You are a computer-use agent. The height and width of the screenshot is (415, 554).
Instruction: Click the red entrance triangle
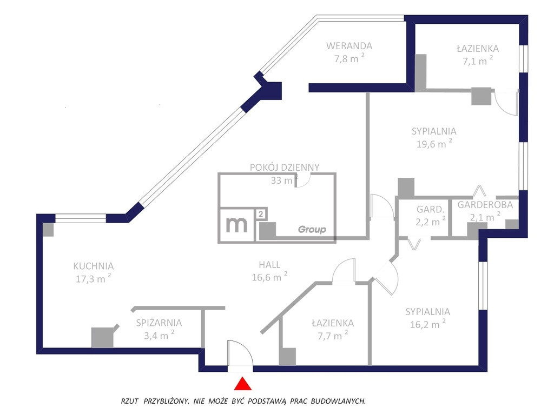click(x=243, y=384)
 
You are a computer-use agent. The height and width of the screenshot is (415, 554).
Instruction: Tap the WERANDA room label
click(x=349, y=46)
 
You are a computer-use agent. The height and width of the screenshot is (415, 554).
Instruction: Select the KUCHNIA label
click(x=93, y=266)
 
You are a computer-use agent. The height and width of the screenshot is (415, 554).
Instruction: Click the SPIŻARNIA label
click(x=159, y=323)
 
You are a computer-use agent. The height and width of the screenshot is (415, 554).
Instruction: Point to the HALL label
click(x=269, y=265)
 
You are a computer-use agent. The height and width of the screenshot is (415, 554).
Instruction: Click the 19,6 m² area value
click(x=434, y=144)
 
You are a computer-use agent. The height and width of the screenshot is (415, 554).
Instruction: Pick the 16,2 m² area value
click(x=427, y=324)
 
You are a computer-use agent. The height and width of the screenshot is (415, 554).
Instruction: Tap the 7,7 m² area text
click(x=333, y=335)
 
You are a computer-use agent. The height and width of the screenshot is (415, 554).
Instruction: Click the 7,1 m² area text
click(x=478, y=61)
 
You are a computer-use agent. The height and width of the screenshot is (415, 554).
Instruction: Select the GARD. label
click(x=430, y=209)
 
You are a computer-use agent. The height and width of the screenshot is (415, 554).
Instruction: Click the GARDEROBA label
click(x=485, y=205)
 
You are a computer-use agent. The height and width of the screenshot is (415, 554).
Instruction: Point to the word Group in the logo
click(x=312, y=229)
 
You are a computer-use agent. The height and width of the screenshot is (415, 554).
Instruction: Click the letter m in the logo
click(x=236, y=224)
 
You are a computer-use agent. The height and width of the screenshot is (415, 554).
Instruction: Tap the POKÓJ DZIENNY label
click(x=285, y=168)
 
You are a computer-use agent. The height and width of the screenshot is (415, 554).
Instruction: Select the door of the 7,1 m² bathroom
click(x=506, y=102)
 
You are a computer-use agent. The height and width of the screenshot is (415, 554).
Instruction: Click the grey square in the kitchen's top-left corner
click(x=48, y=230)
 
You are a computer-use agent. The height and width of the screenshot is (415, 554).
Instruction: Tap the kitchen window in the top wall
click(x=81, y=218)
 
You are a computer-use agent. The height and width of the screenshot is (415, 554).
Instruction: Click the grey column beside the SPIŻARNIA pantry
click(x=102, y=337)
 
